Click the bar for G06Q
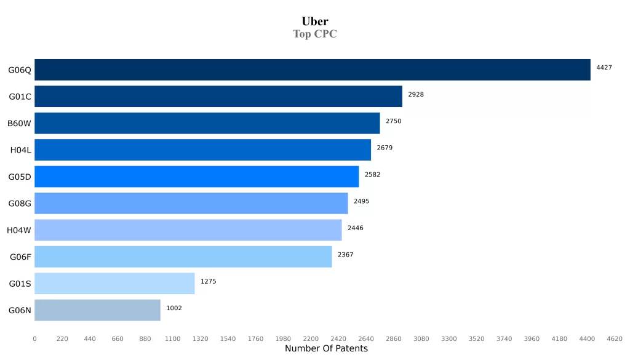(312, 70)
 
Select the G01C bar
(218, 97)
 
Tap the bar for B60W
(207, 123)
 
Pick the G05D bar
(196, 177)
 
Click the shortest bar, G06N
(97, 310)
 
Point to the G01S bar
(114, 284)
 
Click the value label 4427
(604, 68)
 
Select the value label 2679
(385, 148)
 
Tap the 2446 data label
(355, 228)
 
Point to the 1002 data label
(174, 308)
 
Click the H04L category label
(20, 150)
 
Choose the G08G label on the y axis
(20, 204)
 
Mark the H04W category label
(19, 230)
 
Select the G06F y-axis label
(20, 257)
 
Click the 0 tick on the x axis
(34, 338)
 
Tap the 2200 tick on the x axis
(311, 338)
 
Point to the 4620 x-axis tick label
(614, 338)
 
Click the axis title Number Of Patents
(326, 349)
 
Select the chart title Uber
(315, 22)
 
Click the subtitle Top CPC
(315, 34)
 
